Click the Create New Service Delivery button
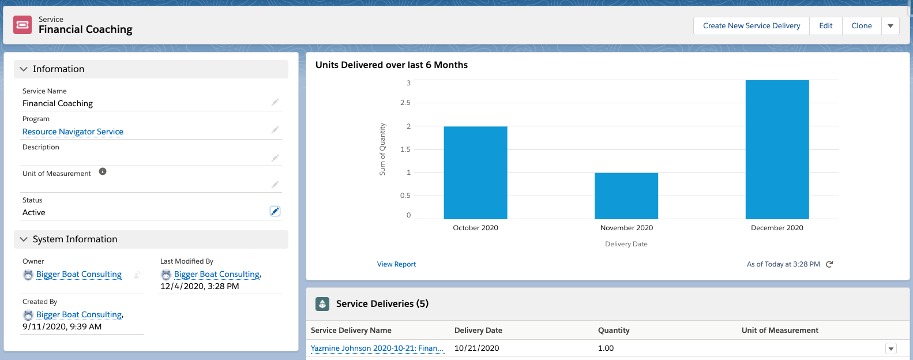(x=751, y=26)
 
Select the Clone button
(x=861, y=26)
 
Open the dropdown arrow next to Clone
(x=891, y=26)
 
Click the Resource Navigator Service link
(x=73, y=132)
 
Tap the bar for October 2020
(x=475, y=172)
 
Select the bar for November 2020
(x=626, y=196)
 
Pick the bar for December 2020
(x=777, y=149)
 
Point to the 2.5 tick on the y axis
(x=405, y=103)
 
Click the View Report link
(x=396, y=264)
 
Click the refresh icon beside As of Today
(x=829, y=264)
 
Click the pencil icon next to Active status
(x=275, y=211)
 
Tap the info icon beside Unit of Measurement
(x=103, y=171)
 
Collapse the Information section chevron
(x=24, y=69)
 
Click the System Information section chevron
(x=24, y=239)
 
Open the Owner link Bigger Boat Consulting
(x=78, y=275)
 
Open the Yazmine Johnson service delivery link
(x=377, y=348)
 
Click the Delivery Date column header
(x=478, y=331)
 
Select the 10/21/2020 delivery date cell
(x=476, y=348)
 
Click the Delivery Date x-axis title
(x=626, y=244)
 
